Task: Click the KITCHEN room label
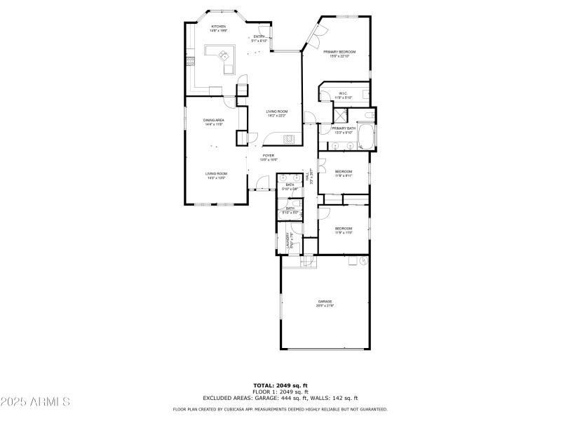pyautogui.click(x=218, y=27)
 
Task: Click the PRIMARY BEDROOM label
pyautogui.click(x=339, y=53)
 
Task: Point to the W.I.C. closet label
pyautogui.click(x=343, y=93)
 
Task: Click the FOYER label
pyautogui.click(x=269, y=156)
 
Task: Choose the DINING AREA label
pyautogui.click(x=214, y=121)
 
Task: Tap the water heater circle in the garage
pyautogui.click(x=363, y=260)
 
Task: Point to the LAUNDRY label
pyautogui.click(x=290, y=242)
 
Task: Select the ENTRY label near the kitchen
pyautogui.click(x=259, y=37)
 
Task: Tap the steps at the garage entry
pyautogui.click(x=308, y=262)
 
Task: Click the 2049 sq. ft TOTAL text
pyautogui.click(x=280, y=385)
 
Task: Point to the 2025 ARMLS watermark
pyautogui.click(x=35, y=402)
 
